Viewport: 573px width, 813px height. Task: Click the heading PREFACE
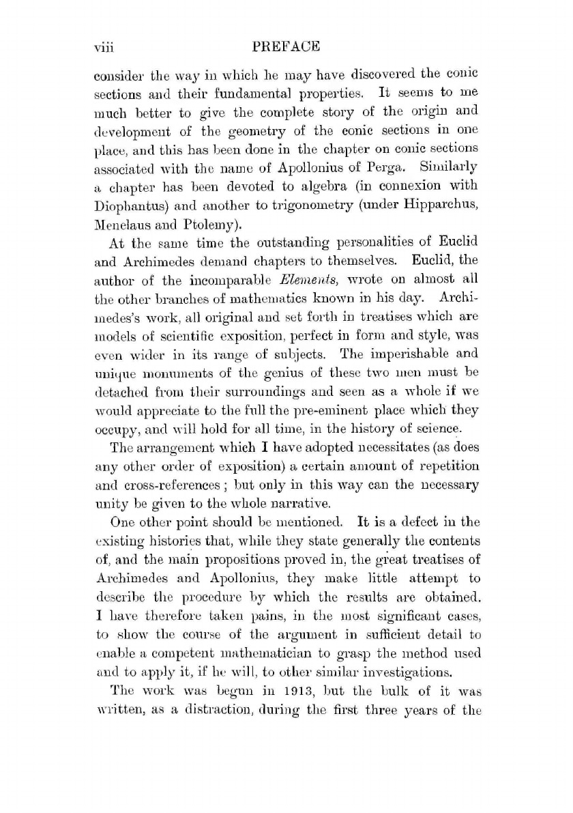286,48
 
